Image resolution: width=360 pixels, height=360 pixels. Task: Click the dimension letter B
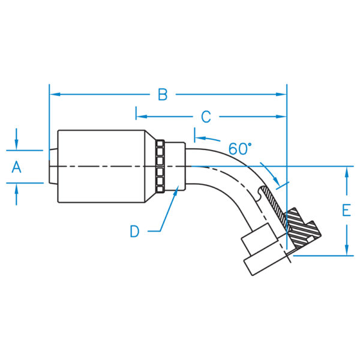(x=163, y=94)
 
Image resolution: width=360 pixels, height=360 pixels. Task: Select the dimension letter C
(x=206, y=116)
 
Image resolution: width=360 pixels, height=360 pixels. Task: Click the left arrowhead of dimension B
(x=53, y=94)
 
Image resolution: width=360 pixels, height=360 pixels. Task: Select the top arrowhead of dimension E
(x=347, y=172)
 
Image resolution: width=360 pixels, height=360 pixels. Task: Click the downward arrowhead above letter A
(x=17, y=145)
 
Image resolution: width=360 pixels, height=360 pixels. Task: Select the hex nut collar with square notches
(x=160, y=166)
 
